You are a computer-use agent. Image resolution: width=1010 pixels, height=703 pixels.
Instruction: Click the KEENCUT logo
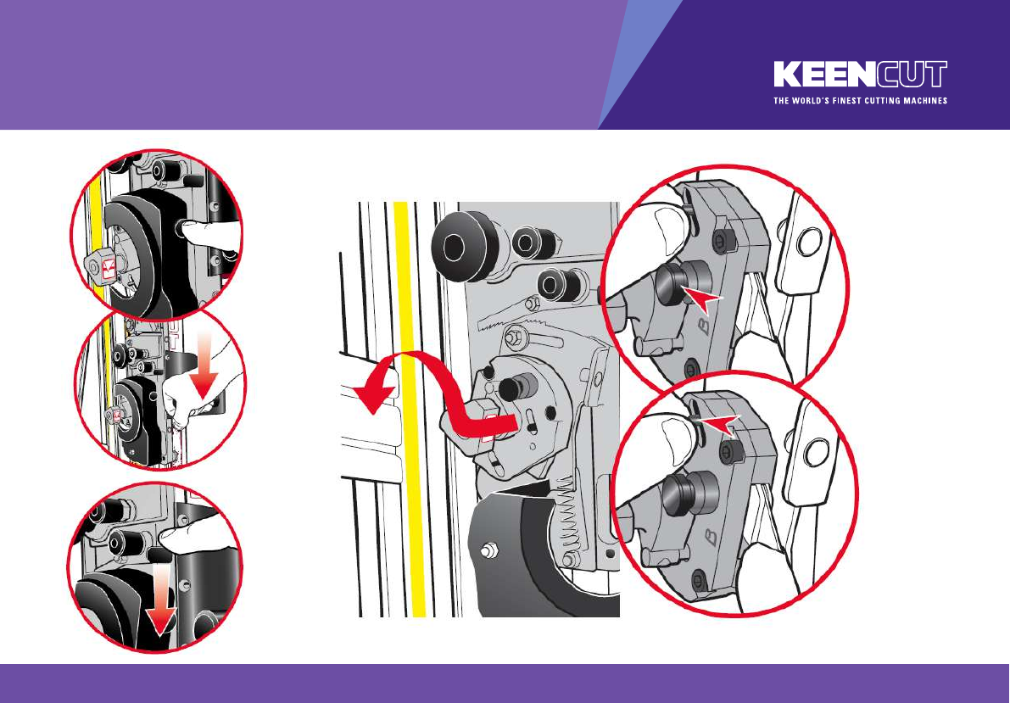[x=861, y=74]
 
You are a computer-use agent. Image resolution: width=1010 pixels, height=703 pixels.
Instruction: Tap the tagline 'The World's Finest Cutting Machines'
[x=861, y=101]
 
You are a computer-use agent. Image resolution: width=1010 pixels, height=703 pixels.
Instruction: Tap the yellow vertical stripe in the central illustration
[x=410, y=410]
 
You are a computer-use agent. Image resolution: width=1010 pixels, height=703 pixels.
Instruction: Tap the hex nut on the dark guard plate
[x=489, y=550]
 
